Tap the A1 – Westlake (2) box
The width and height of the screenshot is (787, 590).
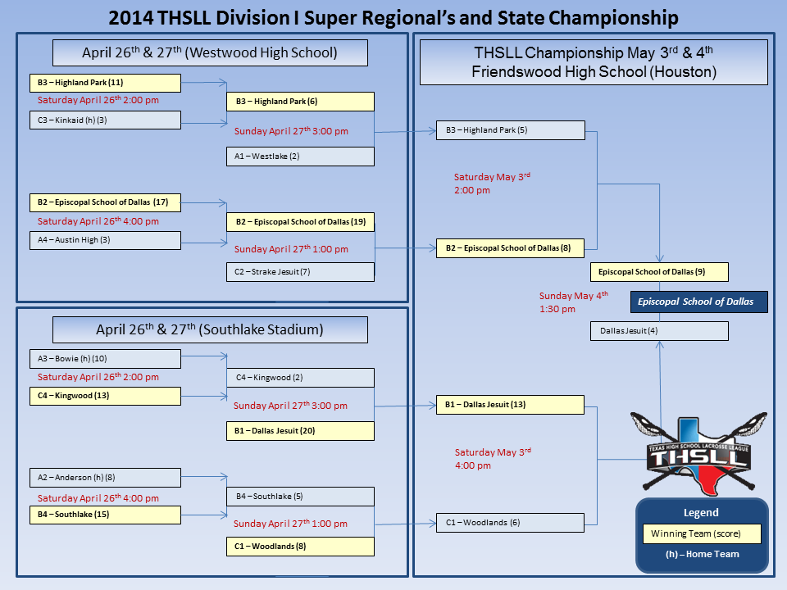pyautogui.click(x=300, y=156)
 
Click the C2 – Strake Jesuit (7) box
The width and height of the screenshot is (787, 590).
pyautogui.click(x=300, y=272)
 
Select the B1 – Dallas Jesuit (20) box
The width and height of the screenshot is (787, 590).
pyautogui.click(x=300, y=430)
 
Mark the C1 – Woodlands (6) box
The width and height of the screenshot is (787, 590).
pyautogui.click(x=510, y=523)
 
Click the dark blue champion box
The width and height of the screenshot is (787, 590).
pyautogui.click(x=698, y=302)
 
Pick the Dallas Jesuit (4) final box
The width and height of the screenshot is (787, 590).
pyautogui.click(x=659, y=331)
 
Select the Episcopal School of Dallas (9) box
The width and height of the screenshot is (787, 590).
pyautogui.click(x=659, y=272)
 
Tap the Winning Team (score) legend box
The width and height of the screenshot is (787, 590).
pyautogui.click(x=702, y=534)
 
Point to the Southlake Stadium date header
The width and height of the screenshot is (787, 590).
pyautogui.click(x=210, y=329)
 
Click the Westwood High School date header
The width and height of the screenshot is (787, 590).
pyautogui.click(x=210, y=53)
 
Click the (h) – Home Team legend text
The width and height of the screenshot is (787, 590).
pyautogui.click(x=702, y=554)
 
